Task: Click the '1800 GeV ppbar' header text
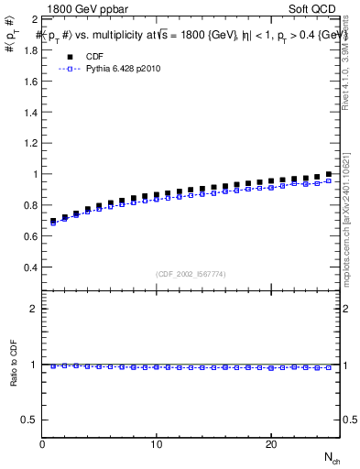(x=77, y=7)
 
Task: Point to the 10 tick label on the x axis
(x=157, y=444)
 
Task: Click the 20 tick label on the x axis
(x=271, y=444)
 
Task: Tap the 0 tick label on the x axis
(x=42, y=444)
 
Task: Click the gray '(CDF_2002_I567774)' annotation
(x=191, y=273)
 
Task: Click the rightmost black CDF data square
(x=328, y=174)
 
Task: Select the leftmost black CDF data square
(x=53, y=221)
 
